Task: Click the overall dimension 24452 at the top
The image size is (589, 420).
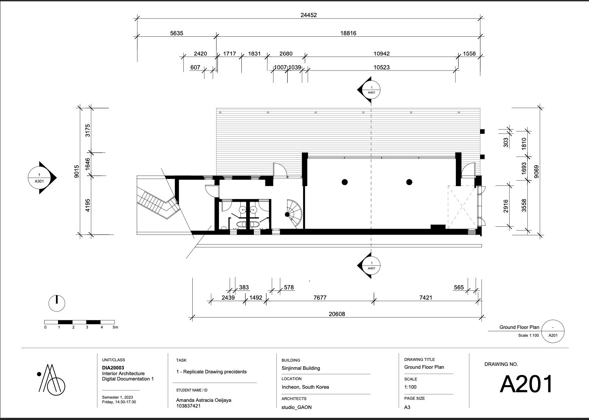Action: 308,15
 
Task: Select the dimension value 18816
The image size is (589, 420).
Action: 348,33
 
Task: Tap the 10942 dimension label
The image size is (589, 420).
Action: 381,54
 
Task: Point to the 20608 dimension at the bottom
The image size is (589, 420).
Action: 337,314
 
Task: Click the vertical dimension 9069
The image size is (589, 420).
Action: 536,172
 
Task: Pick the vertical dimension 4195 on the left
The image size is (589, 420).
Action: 88,205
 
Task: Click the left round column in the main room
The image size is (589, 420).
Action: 344,182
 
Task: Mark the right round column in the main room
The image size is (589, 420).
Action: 409,182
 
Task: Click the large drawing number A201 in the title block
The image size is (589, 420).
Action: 526,384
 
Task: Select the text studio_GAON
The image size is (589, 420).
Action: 296,407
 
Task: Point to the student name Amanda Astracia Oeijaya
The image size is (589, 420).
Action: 203,400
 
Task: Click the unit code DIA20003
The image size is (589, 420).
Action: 113,368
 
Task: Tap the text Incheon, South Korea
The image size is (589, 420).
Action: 305,387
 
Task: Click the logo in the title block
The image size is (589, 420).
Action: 51,380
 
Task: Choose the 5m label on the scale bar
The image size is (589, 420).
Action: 115,327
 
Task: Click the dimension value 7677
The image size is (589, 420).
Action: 320,298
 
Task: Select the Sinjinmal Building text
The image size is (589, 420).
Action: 301,368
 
